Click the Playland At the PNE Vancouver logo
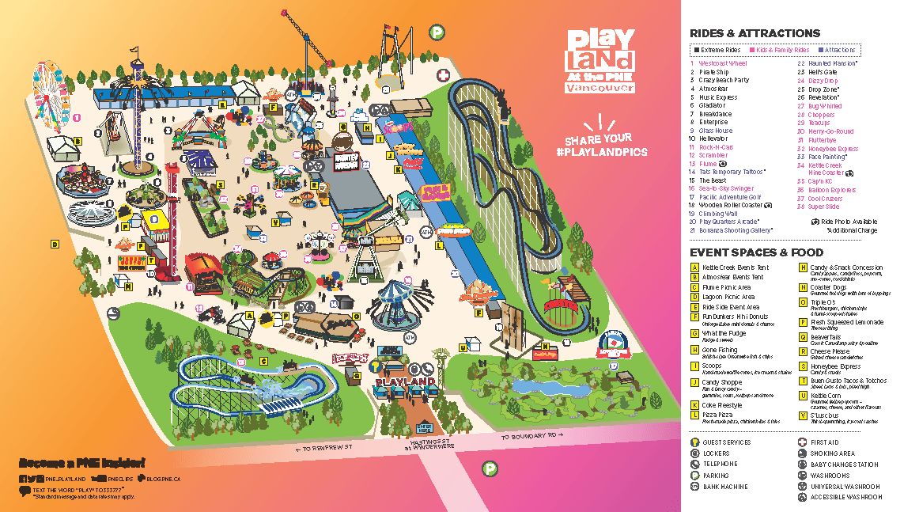600,61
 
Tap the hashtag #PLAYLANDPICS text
602,151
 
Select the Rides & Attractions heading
755,33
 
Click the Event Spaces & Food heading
756,252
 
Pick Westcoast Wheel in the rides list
722,63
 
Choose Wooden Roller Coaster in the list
730,205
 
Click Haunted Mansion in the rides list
832,63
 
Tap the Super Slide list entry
823,207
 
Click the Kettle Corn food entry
826,395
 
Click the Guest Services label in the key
725,442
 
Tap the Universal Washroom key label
845,487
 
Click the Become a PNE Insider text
82,463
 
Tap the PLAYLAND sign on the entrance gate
406,382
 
